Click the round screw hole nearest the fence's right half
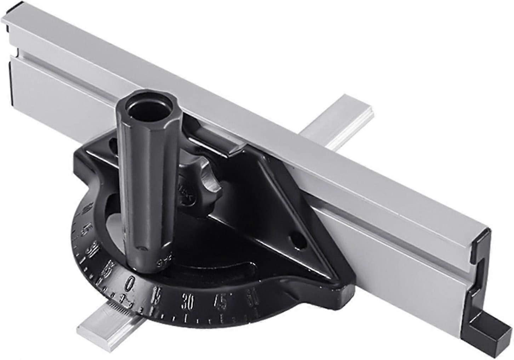(299, 243)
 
